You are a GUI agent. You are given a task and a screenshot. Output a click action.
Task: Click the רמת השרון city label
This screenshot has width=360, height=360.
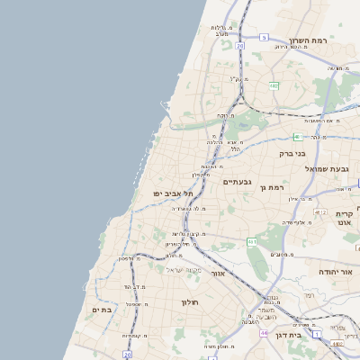(310, 41)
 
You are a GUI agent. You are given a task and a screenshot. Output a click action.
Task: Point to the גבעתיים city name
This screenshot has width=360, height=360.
(238, 181)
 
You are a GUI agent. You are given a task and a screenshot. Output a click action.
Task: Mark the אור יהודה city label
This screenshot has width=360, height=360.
(337, 271)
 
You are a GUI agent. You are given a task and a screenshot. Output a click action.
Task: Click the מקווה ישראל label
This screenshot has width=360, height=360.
(185, 270)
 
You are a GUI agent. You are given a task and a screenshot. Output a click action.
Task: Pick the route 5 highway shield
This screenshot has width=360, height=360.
(264, 37)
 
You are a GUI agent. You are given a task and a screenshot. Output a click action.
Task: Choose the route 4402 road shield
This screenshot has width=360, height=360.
(337, 343)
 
